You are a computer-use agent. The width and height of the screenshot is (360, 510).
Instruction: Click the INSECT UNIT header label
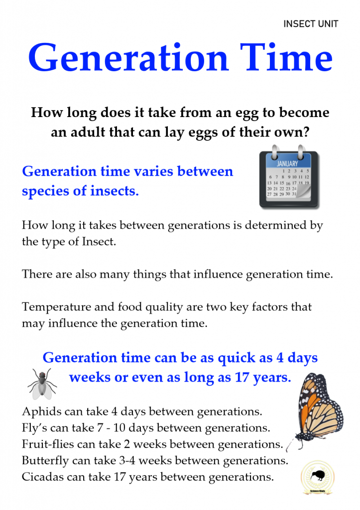coord(311,24)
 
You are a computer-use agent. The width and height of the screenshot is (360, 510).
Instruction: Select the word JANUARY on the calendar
coord(287,163)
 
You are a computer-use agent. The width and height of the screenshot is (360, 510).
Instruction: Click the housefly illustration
coord(42,384)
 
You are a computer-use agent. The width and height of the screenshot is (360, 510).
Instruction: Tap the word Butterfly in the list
coord(45,461)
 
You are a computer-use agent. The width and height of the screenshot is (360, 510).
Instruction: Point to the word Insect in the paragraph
coord(99,242)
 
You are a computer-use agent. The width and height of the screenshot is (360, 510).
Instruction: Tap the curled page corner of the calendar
coord(303,191)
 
